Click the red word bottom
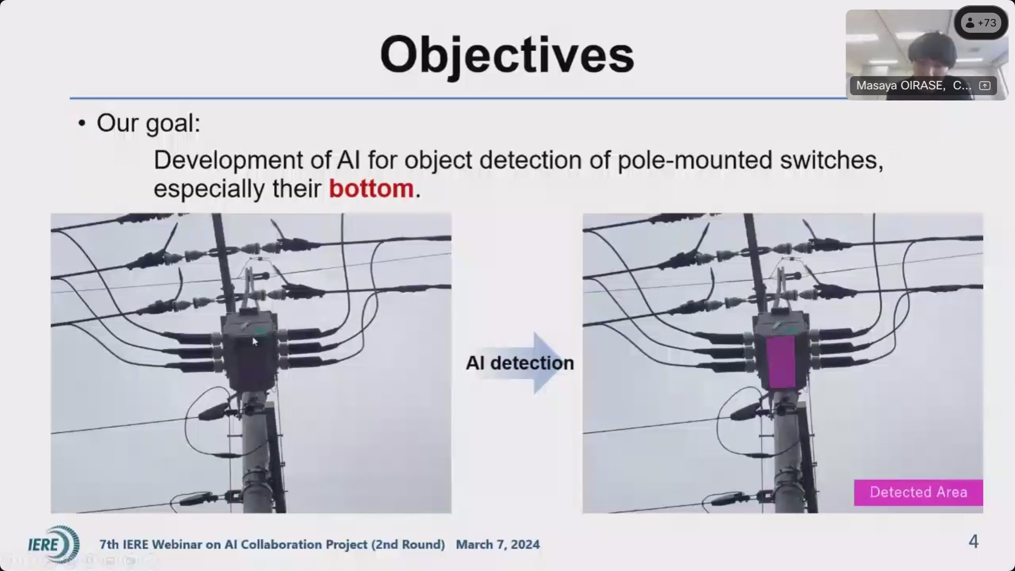click(x=371, y=189)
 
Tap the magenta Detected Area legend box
click(x=918, y=492)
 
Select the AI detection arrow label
click(x=520, y=363)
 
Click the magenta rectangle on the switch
click(x=781, y=362)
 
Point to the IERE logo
click(x=53, y=544)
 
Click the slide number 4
click(x=973, y=541)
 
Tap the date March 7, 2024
click(x=498, y=545)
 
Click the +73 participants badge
click(x=981, y=23)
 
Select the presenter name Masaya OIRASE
click(x=900, y=86)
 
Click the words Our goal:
click(x=149, y=123)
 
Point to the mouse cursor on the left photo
click(x=255, y=342)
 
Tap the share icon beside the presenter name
click(x=984, y=86)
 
